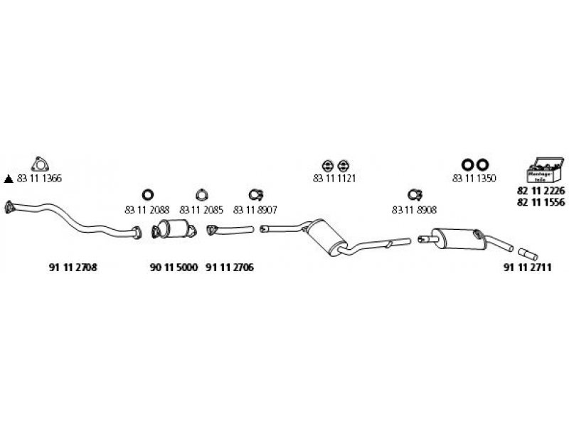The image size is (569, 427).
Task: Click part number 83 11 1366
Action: point(40,178)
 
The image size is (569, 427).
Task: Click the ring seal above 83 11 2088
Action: point(147,194)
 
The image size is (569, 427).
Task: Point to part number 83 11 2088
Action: point(147,210)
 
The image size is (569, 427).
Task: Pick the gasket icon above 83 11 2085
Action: point(202,194)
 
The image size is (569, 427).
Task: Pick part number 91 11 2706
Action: point(229,268)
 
